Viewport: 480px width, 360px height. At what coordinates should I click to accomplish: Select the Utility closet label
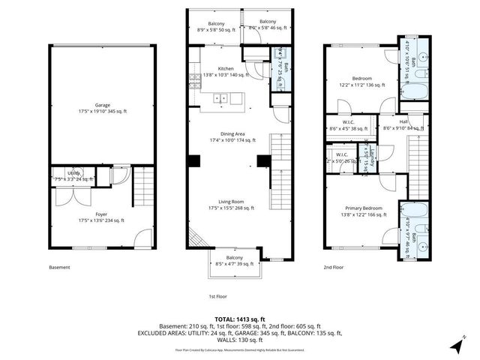coord(73,174)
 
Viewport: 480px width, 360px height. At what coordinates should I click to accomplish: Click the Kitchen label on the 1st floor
coord(226,68)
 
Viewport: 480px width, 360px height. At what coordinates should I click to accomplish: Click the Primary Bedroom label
coord(364,208)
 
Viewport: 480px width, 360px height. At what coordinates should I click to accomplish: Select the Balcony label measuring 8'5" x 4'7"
coord(235,258)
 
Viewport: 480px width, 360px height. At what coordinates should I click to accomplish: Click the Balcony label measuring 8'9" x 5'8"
coord(205,22)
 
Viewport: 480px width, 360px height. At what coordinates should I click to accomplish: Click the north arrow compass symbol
coord(457,346)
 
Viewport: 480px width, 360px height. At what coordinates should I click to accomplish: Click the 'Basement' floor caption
coord(59,267)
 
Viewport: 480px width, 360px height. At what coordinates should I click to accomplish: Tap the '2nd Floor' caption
coord(334,267)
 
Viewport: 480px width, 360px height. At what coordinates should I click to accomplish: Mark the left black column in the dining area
coord(194,160)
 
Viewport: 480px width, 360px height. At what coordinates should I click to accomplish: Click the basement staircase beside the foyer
coord(143,187)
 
